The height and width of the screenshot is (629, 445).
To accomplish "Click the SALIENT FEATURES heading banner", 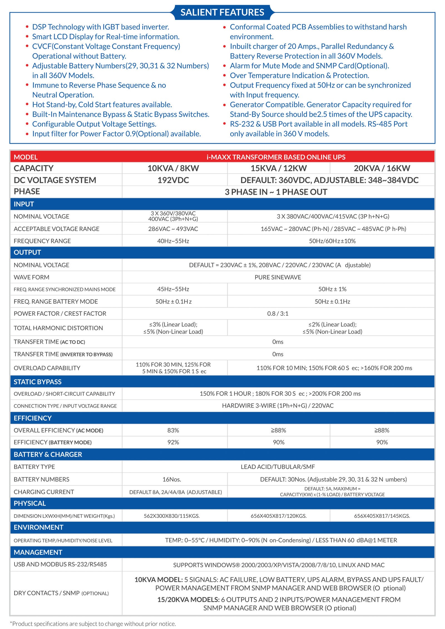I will (x=222, y=12).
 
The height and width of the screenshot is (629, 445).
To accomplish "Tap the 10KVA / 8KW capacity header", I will (x=173, y=168).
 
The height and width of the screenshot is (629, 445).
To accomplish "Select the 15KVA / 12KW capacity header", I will (x=278, y=168).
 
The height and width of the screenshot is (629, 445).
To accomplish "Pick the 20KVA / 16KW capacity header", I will (x=382, y=168).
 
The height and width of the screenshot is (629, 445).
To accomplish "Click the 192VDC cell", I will (x=173, y=180).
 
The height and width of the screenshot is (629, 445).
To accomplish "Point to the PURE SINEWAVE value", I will (x=278, y=277).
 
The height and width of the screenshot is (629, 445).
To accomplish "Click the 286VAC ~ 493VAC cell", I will (x=173, y=229).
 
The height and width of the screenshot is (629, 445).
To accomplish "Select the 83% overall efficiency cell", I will (x=173, y=430).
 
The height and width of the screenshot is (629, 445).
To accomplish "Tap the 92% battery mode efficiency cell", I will (x=173, y=442).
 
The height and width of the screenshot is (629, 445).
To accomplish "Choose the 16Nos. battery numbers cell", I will (x=172, y=479).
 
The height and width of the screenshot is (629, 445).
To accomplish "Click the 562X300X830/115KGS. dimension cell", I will (x=172, y=516).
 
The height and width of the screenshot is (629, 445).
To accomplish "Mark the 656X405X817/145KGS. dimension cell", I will (x=382, y=516).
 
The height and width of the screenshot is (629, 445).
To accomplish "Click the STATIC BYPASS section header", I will (x=38, y=382).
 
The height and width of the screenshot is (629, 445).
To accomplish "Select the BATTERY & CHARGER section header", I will (x=48, y=454).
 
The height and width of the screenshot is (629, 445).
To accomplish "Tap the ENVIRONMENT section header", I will (x=38, y=527).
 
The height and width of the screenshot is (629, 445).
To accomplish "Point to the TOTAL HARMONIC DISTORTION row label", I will (x=58, y=328).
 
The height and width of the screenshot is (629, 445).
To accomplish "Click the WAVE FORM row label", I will (x=31, y=277).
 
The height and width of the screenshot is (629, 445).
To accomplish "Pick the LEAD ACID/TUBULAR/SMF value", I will (x=278, y=467).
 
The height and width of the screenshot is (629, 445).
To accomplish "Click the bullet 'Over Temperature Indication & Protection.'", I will (x=299, y=75).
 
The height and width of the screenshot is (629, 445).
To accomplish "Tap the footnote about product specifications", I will (x=93, y=624).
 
